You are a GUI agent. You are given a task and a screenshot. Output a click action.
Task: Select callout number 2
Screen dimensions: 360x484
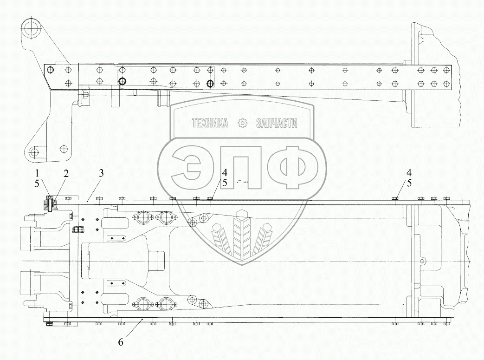click(x=66, y=173)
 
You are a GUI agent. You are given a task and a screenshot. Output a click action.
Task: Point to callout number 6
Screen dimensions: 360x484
click(x=121, y=342)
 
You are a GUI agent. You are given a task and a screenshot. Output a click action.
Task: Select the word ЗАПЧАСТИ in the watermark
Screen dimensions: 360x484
click(x=277, y=123)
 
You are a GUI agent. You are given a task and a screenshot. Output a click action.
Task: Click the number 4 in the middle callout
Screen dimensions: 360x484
click(x=224, y=173)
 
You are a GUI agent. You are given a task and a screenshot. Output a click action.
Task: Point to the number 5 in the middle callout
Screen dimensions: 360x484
click(x=224, y=183)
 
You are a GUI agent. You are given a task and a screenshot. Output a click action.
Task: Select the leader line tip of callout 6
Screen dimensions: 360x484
click(x=141, y=321)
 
